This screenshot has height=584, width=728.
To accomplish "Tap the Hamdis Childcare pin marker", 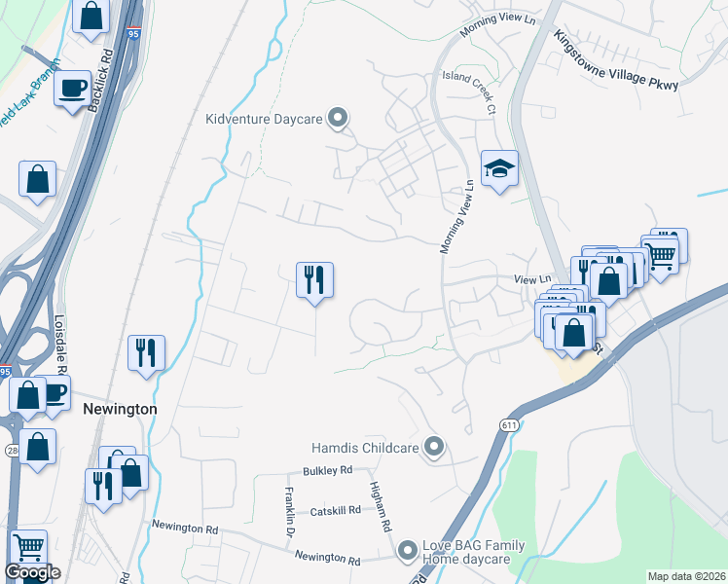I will (x=435, y=448).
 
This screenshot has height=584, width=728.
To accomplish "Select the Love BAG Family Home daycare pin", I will (x=408, y=552).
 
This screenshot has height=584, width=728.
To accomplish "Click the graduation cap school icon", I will (x=499, y=169).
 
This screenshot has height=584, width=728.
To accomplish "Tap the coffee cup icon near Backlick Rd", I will (x=72, y=88).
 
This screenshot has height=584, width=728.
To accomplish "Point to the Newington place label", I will (x=120, y=409).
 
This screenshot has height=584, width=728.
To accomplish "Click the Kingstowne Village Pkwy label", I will (x=615, y=58).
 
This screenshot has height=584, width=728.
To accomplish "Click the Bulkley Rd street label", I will (x=327, y=471).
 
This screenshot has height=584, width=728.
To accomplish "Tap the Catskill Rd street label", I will (x=337, y=511).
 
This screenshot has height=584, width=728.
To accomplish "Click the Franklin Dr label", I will (x=290, y=511).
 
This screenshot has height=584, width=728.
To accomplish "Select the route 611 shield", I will (x=509, y=425).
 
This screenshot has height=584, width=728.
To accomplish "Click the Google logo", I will (x=32, y=572).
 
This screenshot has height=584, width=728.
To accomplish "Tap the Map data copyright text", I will (x=685, y=576).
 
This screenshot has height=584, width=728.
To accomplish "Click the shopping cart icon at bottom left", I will (x=28, y=548).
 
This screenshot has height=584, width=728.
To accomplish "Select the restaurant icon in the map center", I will (x=314, y=280).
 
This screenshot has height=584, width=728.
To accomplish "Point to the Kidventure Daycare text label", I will (x=264, y=120).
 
